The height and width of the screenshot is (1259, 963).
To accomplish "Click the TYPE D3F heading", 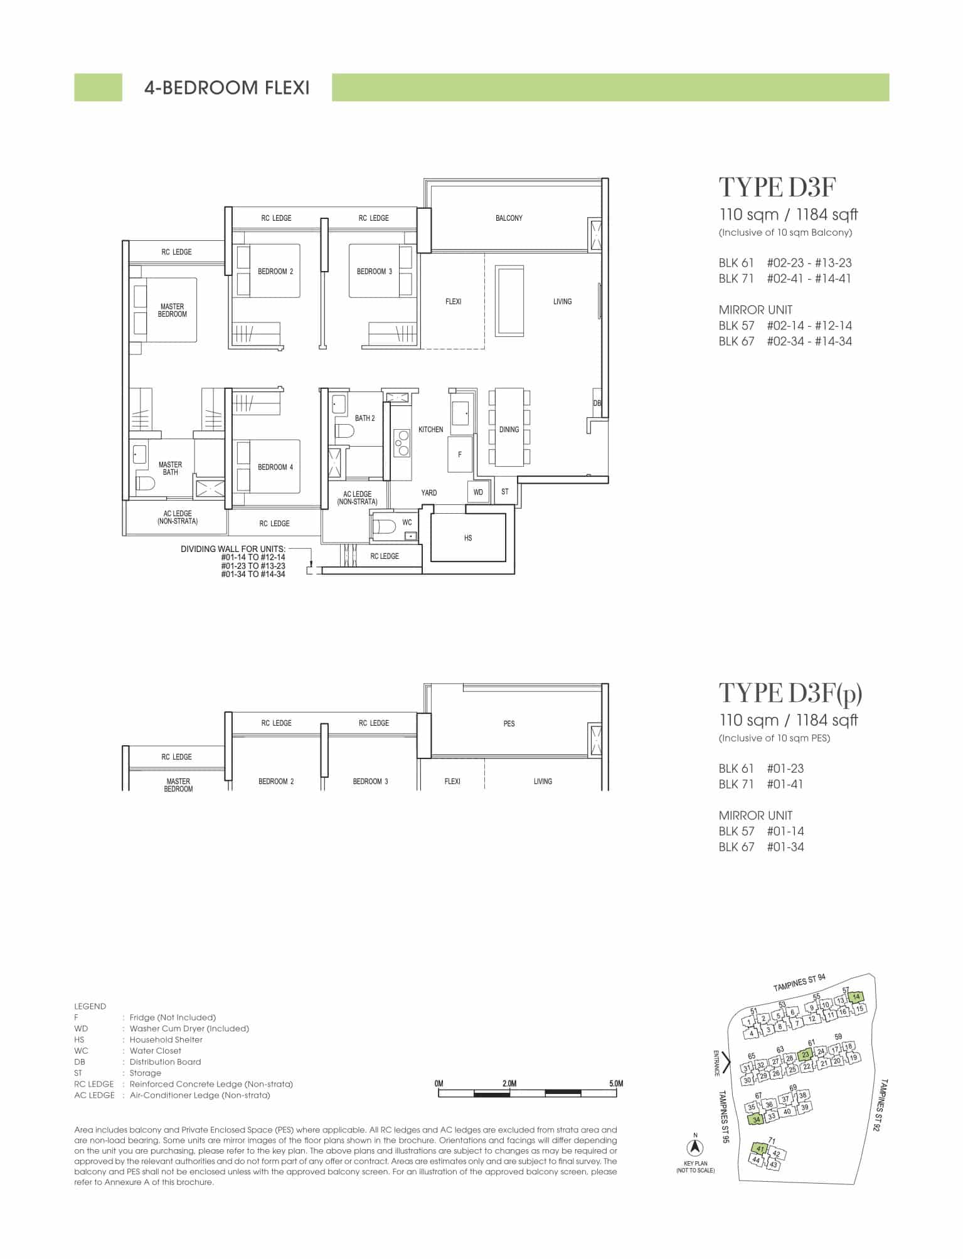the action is click(777, 187).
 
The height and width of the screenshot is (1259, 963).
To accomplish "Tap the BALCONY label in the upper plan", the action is click(509, 218).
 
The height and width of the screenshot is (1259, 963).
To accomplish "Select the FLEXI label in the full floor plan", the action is click(453, 302).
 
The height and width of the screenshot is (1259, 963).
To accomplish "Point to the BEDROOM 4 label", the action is click(275, 467).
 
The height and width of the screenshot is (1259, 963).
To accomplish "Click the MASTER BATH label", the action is click(170, 469).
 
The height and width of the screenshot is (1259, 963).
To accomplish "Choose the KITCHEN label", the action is click(431, 430).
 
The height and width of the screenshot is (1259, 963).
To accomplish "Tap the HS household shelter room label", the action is click(468, 538).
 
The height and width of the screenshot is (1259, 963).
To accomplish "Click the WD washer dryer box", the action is click(478, 492).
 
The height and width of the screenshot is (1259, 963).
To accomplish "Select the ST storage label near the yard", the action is click(505, 492).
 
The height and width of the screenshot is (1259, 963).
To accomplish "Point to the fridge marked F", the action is click(460, 455).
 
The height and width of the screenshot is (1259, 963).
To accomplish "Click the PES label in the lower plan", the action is click(509, 724).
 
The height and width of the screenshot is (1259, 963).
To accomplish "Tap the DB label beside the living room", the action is click(597, 403).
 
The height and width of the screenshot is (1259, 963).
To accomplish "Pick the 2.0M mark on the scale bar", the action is click(509, 1083).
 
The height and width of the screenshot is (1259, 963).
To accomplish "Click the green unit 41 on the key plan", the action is click(760, 1149).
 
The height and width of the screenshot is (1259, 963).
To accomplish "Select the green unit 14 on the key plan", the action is click(856, 997).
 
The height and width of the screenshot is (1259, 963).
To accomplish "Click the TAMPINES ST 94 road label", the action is click(799, 983).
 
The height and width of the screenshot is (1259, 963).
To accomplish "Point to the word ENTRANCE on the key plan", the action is click(716, 1063).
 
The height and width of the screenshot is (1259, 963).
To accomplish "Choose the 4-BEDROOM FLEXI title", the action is click(227, 88).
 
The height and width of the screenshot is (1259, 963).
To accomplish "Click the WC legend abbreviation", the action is click(81, 1051).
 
